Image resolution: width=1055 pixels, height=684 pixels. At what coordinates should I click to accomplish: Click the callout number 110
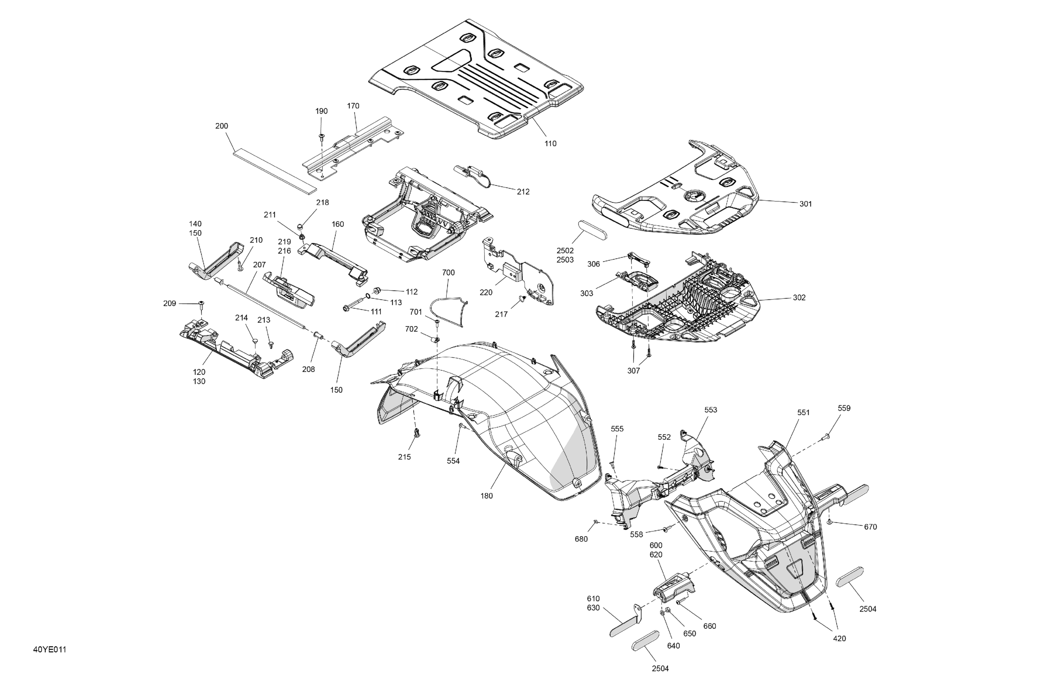pyautogui.click(x=550, y=143)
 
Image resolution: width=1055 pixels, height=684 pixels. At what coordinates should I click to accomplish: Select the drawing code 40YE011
pyautogui.click(x=50, y=650)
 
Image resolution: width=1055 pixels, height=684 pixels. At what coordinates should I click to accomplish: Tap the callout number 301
pyautogui.click(x=805, y=204)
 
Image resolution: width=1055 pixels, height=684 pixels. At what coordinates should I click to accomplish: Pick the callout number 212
pyautogui.click(x=523, y=192)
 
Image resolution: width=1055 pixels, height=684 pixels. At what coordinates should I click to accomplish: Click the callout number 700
pyautogui.click(x=448, y=273)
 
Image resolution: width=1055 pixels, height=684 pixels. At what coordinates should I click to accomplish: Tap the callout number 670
pyautogui.click(x=870, y=527)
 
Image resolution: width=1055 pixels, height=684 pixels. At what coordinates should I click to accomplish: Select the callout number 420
pyautogui.click(x=839, y=639)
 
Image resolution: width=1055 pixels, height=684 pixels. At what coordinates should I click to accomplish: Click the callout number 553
pyautogui.click(x=711, y=410)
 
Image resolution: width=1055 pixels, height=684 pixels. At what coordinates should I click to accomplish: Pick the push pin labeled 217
pyautogui.click(x=522, y=299)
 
